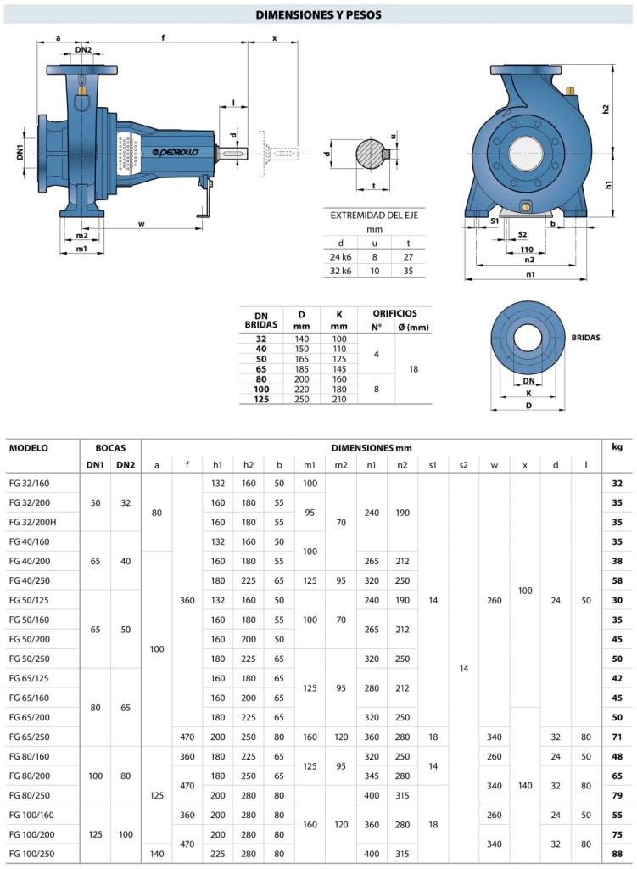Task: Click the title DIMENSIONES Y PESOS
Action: pyautogui.click(x=318, y=15)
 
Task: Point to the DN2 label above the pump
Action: pyautogui.click(x=83, y=50)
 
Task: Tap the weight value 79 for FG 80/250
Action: pyautogui.click(x=617, y=794)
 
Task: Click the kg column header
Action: pyautogui.click(x=617, y=446)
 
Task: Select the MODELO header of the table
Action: pyautogui.click(x=29, y=447)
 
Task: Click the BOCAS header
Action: pyautogui.click(x=110, y=447)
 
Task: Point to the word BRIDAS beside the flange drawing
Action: pyautogui.click(x=585, y=337)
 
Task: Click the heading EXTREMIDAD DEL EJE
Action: pyautogui.click(x=374, y=216)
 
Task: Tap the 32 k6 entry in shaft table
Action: pyautogui.click(x=340, y=271)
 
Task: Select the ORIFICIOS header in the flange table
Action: pyautogui.click(x=395, y=313)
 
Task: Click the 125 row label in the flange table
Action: pyautogui.click(x=261, y=399)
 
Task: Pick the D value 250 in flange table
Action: pyautogui.click(x=300, y=399)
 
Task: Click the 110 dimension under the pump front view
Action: pyautogui.click(x=527, y=249)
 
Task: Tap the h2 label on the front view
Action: pyautogui.click(x=605, y=109)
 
